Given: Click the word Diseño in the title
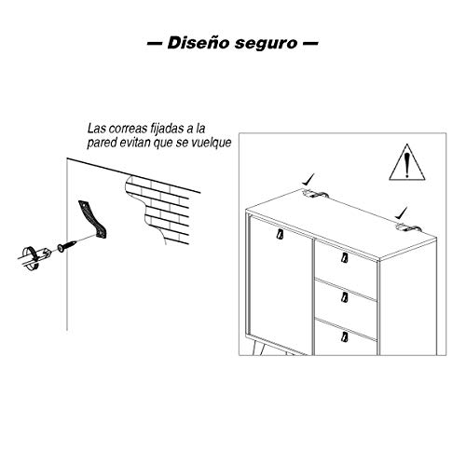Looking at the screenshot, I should click(197, 43).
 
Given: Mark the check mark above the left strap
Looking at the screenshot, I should click(308, 174).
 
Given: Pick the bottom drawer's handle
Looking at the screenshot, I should click(344, 336).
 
